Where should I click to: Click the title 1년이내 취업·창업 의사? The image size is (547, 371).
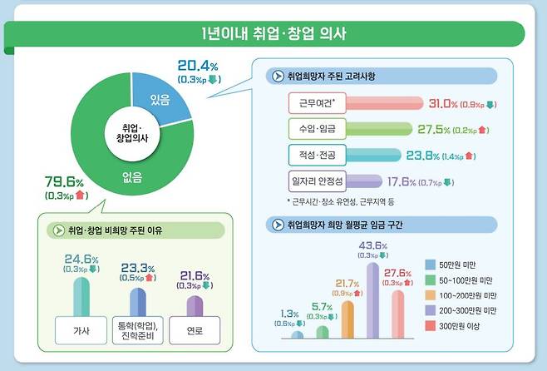[x=273, y=34]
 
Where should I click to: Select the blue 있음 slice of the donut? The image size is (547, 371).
[x=160, y=101]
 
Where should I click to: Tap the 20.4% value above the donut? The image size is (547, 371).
[x=199, y=67]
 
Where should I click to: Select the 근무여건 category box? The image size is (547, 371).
[x=313, y=104]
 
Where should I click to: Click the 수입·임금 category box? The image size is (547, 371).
[x=313, y=129]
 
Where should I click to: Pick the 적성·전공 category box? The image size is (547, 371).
[x=313, y=155]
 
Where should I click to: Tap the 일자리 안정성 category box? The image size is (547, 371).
[x=313, y=181]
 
